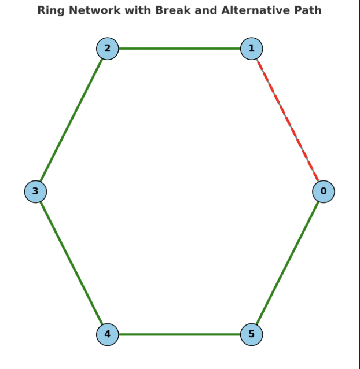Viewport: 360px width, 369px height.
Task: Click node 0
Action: pos(324,191)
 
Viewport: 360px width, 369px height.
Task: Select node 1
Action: pos(251,49)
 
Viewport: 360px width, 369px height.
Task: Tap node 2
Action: pos(107,49)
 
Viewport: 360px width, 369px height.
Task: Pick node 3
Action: pos(35,191)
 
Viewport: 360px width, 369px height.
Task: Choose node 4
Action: pos(107,334)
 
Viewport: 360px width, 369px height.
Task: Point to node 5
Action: pos(251,334)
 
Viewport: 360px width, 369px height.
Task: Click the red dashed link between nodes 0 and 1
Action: pos(288,120)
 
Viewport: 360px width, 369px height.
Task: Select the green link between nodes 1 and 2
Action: pos(179,49)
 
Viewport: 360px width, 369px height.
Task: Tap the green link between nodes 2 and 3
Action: pos(71,120)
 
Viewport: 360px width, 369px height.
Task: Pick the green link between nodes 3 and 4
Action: pos(71,263)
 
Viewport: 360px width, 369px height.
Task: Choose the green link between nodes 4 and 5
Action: pos(179,334)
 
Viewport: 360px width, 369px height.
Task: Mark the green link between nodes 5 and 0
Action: pos(288,263)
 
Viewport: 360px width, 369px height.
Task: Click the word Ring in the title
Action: pos(49,10)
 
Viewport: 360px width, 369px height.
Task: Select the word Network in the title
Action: pos(95,10)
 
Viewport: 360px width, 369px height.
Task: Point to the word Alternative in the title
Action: pos(254,10)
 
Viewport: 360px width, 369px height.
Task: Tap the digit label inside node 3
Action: pos(35,191)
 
